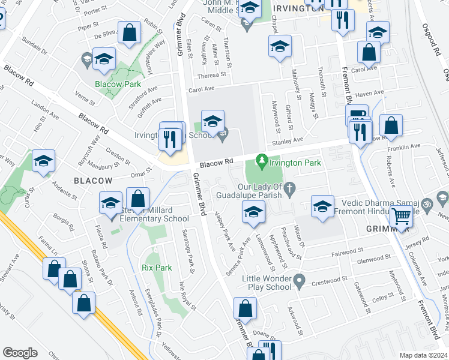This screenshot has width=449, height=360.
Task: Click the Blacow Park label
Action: pyautogui.click(x=118, y=84)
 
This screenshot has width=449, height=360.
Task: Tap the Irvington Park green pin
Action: pyautogui.click(x=261, y=161)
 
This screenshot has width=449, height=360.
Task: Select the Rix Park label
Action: pyautogui.click(x=152, y=268)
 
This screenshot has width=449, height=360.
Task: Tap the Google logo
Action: pyautogui.click(x=20, y=353)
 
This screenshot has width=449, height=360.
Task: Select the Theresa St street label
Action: pyautogui.click(x=211, y=76)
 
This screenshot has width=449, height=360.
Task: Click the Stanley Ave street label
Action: pyautogui.click(x=288, y=142)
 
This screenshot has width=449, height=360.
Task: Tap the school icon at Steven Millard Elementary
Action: pyautogui.click(x=111, y=204)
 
